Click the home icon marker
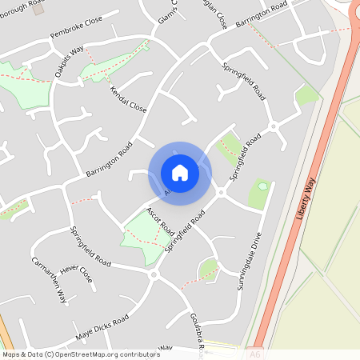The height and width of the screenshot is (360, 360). pos(180,173)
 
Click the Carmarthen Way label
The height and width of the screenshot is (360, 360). pos(50,279)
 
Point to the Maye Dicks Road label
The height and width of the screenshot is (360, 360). pos(102,326)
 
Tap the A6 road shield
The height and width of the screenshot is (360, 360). pos(255,353)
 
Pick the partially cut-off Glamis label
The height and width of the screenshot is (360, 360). pos(166,11)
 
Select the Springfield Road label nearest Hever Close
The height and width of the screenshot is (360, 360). pos(90,246)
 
